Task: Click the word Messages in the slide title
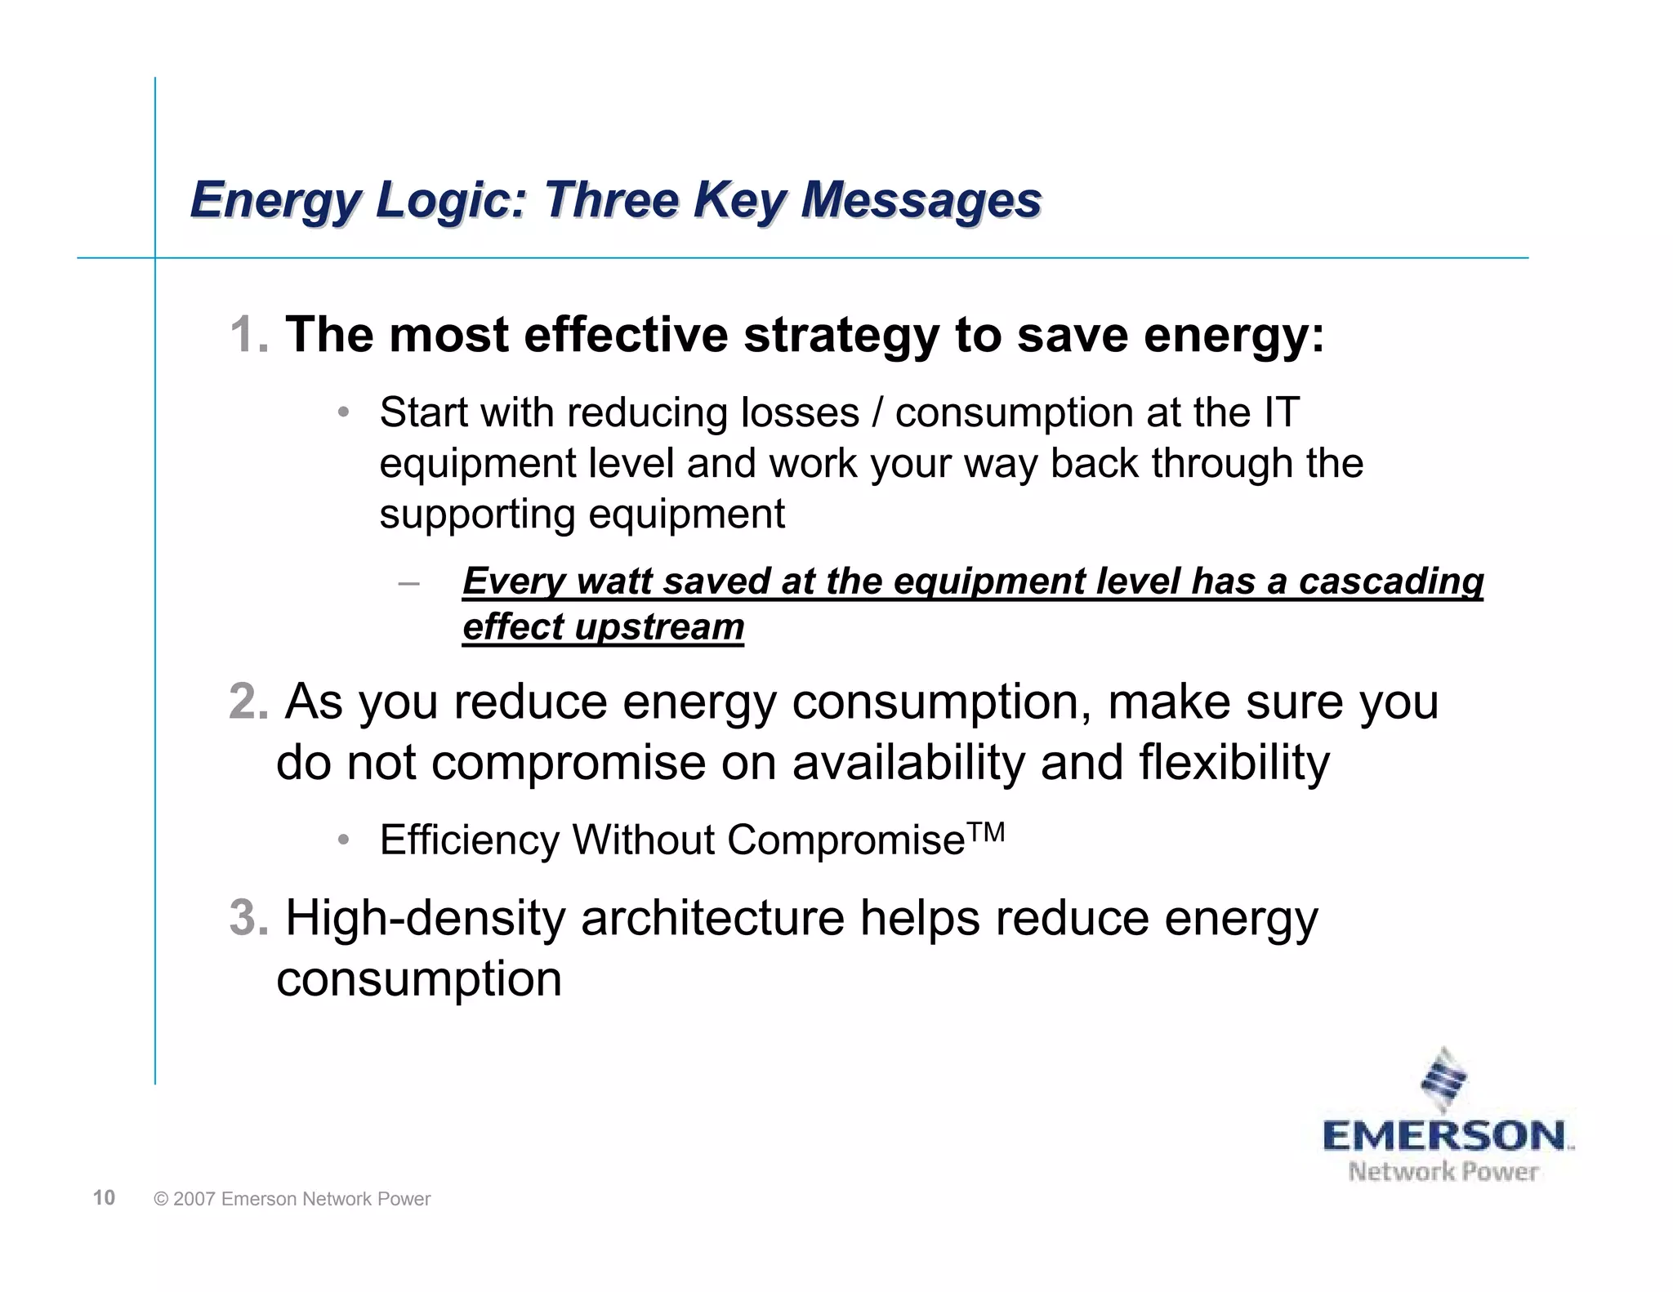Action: click(x=921, y=200)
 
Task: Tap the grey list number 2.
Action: click(x=248, y=702)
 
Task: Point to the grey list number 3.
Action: click(x=248, y=918)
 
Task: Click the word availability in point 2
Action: click(x=908, y=763)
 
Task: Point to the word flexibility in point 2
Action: click(x=1234, y=763)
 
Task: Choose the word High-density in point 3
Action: click(x=425, y=918)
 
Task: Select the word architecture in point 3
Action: click(x=712, y=918)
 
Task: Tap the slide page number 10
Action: click(x=104, y=1198)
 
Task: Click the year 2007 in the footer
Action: click(x=194, y=1199)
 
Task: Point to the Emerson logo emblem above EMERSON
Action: click(x=1444, y=1080)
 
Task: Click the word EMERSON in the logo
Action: click(x=1444, y=1136)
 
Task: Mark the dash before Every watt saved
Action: click(x=408, y=582)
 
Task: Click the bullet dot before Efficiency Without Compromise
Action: click(x=345, y=840)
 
